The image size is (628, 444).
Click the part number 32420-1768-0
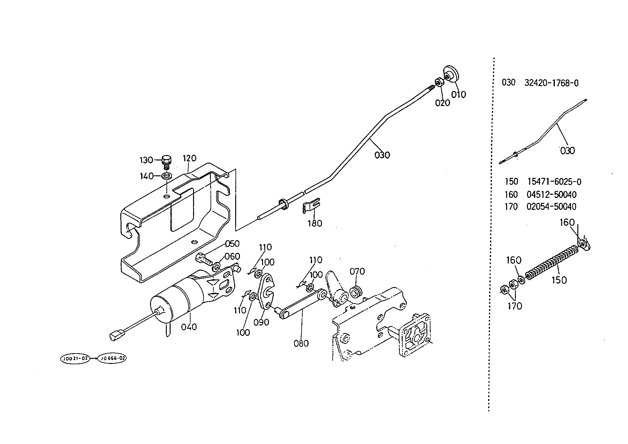(551, 83)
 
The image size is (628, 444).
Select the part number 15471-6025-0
(554, 182)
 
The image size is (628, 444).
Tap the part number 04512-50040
(551, 194)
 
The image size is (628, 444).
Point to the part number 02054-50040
(551, 207)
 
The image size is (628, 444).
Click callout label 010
(459, 94)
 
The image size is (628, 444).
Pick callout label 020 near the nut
(443, 103)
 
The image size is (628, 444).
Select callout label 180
(315, 223)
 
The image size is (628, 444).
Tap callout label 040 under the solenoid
(189, 327)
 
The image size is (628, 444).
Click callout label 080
(301, 343)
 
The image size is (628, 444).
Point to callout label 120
(190, 158)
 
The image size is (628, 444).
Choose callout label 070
(357, 272)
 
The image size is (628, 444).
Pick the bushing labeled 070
(356, 291)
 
